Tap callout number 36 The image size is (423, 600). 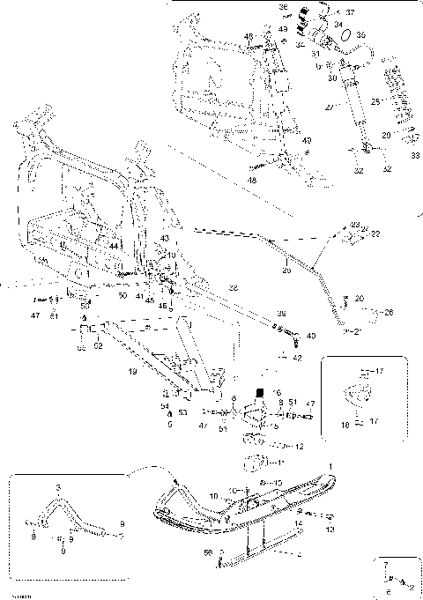tap(284, 7)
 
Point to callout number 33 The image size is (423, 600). tap(416, 156)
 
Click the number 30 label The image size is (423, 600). tap(332, 78)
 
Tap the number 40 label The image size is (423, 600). tap(310, 336)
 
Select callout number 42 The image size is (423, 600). tap(298, 358)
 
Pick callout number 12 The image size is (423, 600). tap(300, 446)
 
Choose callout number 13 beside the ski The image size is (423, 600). tap(332, 530)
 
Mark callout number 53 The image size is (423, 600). tap(182, 411)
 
